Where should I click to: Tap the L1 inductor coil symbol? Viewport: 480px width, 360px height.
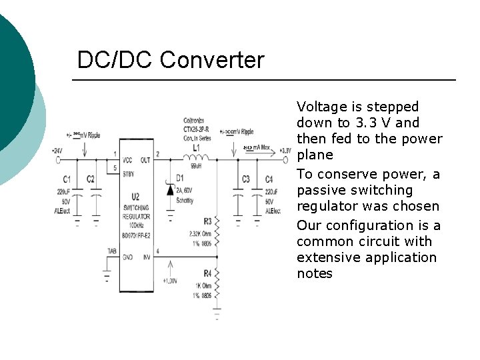click(x=197, y=159)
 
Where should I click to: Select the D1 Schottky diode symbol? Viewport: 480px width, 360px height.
click(x=170, y=190)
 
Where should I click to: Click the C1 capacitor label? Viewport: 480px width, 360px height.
click(x=67, y=179)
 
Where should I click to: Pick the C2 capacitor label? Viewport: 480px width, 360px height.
click(x=90, y=179)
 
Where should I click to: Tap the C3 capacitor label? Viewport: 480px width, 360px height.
click(x=246, y=179)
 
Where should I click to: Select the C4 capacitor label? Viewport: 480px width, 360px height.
click(x=269, y=179)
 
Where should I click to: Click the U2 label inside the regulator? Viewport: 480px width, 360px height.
click(x=135, y=196)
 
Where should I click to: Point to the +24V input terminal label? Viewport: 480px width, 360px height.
click(x=58, y=151)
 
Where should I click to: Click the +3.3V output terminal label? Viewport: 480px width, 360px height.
click(x=285, y=151)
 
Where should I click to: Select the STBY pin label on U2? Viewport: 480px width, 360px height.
click(x=129, y=175)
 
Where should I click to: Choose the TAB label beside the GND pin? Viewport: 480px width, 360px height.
click(x=111, y=251)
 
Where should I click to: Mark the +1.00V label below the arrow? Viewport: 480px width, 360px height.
click(x=168, y=281)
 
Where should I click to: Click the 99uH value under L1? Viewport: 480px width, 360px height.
click(x=196, y=166)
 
